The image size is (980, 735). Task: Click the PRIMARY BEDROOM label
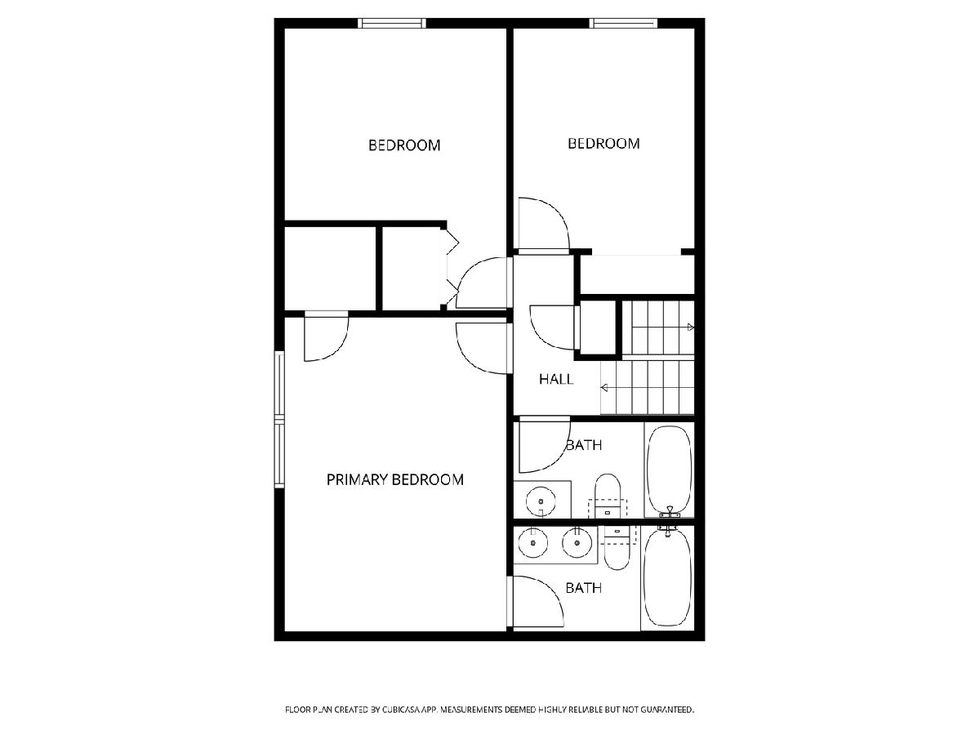point(394,479)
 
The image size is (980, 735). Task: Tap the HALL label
point(556,379)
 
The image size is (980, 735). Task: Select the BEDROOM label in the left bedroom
point(404,145)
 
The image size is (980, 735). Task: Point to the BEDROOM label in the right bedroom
point(604,143)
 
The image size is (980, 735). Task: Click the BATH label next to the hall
point(584,445)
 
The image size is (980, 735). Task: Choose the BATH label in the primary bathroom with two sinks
point(584,588)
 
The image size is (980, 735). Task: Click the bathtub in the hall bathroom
point(669,471)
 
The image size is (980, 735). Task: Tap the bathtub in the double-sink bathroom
point(668,577)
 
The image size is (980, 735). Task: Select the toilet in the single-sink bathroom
point(608,496)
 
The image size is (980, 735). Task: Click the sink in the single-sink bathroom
point(541,501)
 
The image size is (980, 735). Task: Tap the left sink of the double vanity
point(533,542)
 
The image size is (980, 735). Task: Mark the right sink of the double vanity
point(577,542)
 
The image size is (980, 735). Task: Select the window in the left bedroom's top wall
point(392,23)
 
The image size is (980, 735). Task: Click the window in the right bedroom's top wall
point(623,23)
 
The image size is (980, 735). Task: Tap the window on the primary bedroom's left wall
point(279,420)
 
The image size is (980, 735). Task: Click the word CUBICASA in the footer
point(401,709)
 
